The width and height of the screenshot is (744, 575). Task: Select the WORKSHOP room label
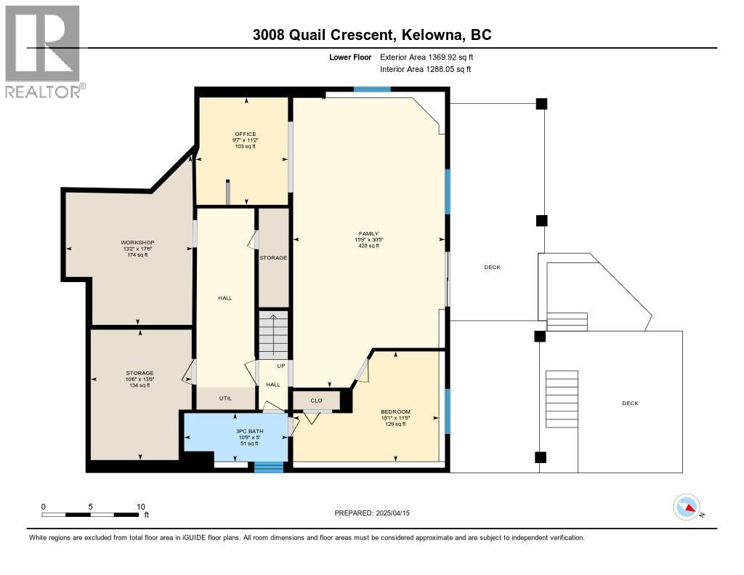[137, 242]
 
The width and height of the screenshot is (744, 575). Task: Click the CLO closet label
[316, 401]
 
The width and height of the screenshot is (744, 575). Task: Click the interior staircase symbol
[274, 335]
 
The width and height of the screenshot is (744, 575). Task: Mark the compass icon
[687, 507]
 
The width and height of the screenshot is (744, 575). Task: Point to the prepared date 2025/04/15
[398, 513]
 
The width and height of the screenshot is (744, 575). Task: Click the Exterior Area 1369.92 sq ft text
[426, 57]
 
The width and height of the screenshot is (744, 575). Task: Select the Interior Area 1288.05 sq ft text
[425, 69]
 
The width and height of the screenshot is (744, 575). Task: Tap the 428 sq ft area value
[368, 246]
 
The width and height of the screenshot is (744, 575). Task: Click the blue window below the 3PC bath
[269, 467]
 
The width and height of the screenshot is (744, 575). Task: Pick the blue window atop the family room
[372, 89]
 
